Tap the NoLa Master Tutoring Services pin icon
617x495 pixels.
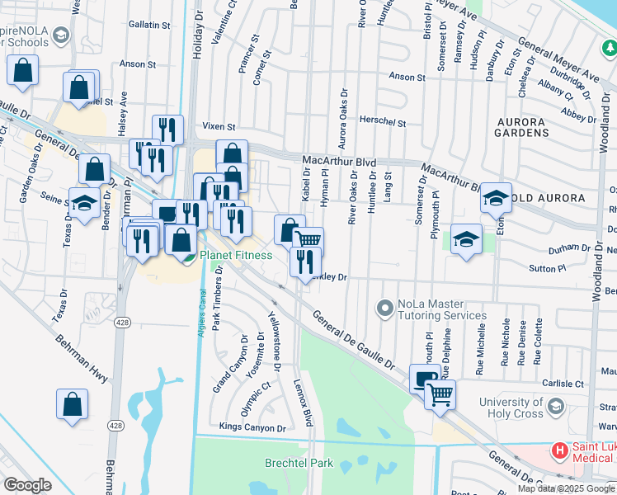[384, 309]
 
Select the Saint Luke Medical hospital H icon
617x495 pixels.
[560, 451]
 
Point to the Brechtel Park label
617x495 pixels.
[299, 464]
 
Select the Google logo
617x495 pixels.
[27, 485]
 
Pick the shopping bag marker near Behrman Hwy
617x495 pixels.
[73, 404]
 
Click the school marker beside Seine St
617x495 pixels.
[84, 203]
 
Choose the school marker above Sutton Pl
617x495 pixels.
[467, 241]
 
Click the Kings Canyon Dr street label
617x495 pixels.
[252, 427]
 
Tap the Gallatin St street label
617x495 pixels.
[148, 26]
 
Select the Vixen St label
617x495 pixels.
[219, 127]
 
